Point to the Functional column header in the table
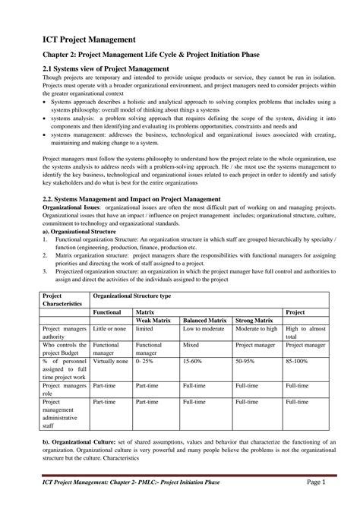108,311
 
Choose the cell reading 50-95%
246,362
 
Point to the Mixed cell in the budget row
191,344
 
